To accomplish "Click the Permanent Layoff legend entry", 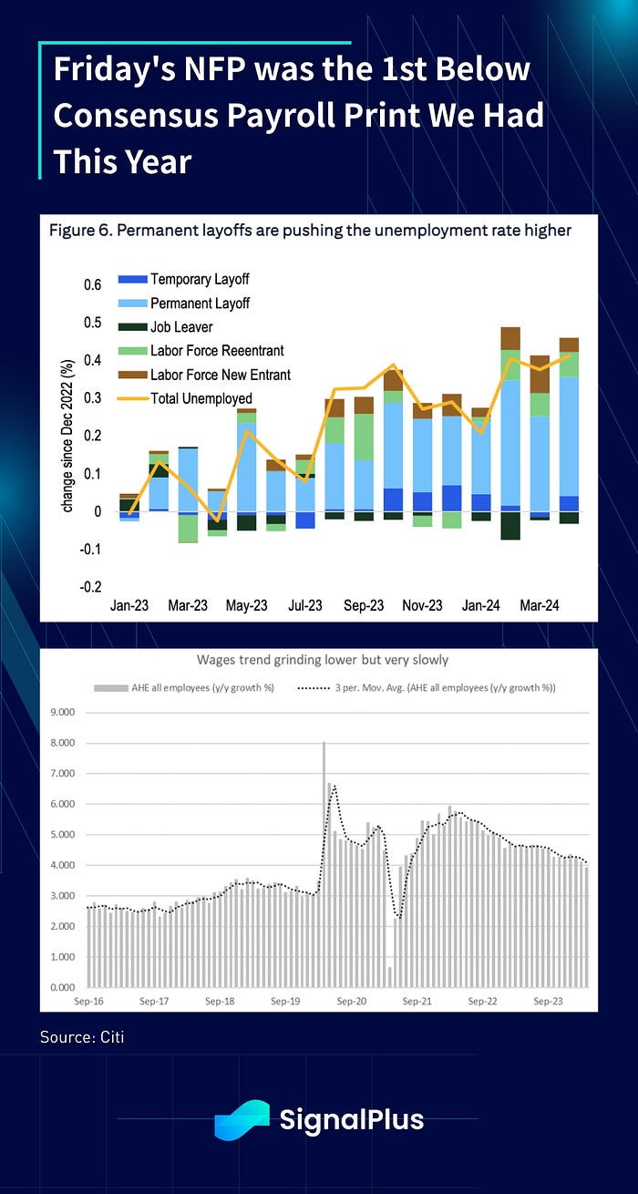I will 200,303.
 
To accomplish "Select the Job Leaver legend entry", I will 183,326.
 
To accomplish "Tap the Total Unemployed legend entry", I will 201,398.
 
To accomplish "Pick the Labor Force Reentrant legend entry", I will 217,350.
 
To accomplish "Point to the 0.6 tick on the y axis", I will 92,285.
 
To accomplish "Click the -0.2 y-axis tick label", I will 90,587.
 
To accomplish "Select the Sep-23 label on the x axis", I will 364,605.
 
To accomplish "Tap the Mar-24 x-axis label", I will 540,605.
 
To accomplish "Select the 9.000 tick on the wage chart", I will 60,712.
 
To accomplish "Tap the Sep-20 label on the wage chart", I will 351,1001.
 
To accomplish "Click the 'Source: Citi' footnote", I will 80,1037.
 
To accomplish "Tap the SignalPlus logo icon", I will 242,1119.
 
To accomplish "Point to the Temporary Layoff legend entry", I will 200,279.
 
